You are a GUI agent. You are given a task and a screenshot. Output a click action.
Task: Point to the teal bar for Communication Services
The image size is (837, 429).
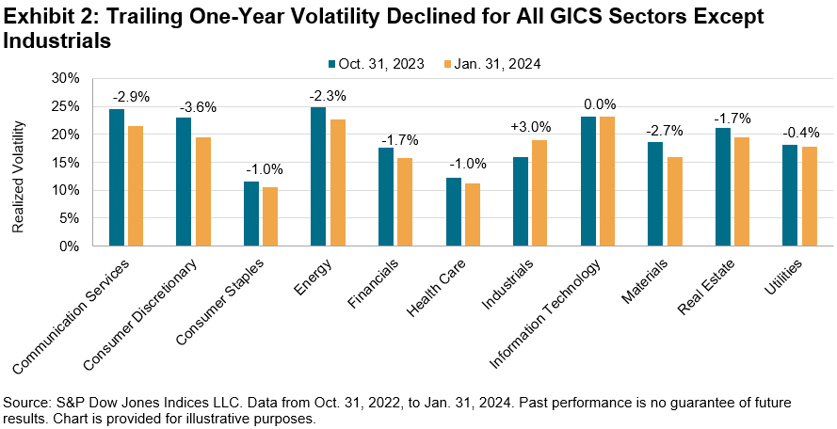tap(116, 178)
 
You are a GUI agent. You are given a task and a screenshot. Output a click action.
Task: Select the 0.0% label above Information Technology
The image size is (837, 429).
tap(595, 105)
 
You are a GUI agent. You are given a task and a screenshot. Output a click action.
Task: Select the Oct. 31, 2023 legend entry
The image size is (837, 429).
tap(370, 64)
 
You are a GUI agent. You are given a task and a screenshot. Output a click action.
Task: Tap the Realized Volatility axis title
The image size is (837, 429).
tap(18, 162)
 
